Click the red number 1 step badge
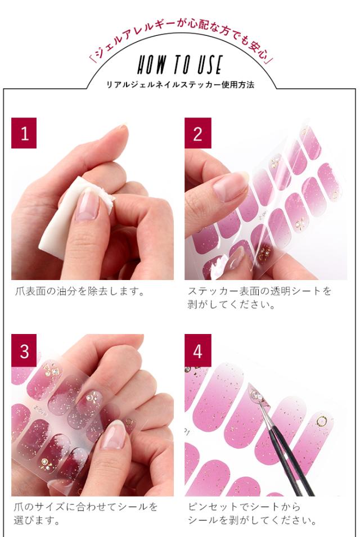(x=24, y=133)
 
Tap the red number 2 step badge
(x=197, y=133)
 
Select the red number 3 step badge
(x=24, y=350)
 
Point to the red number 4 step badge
(x=197, y=350)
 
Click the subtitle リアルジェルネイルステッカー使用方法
(x=180, y=84)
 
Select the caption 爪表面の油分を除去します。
(x=79, y=291)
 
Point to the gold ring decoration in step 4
(x=322, y=421)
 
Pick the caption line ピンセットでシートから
(x=244, y=507)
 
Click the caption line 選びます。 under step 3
(x=37, y=521)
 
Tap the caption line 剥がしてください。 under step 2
(x=232, y=304)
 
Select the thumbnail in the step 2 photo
(x=229, y=187)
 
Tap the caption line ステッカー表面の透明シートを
(x=259, y=291)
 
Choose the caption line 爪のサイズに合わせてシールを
(x=85, y=507)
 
